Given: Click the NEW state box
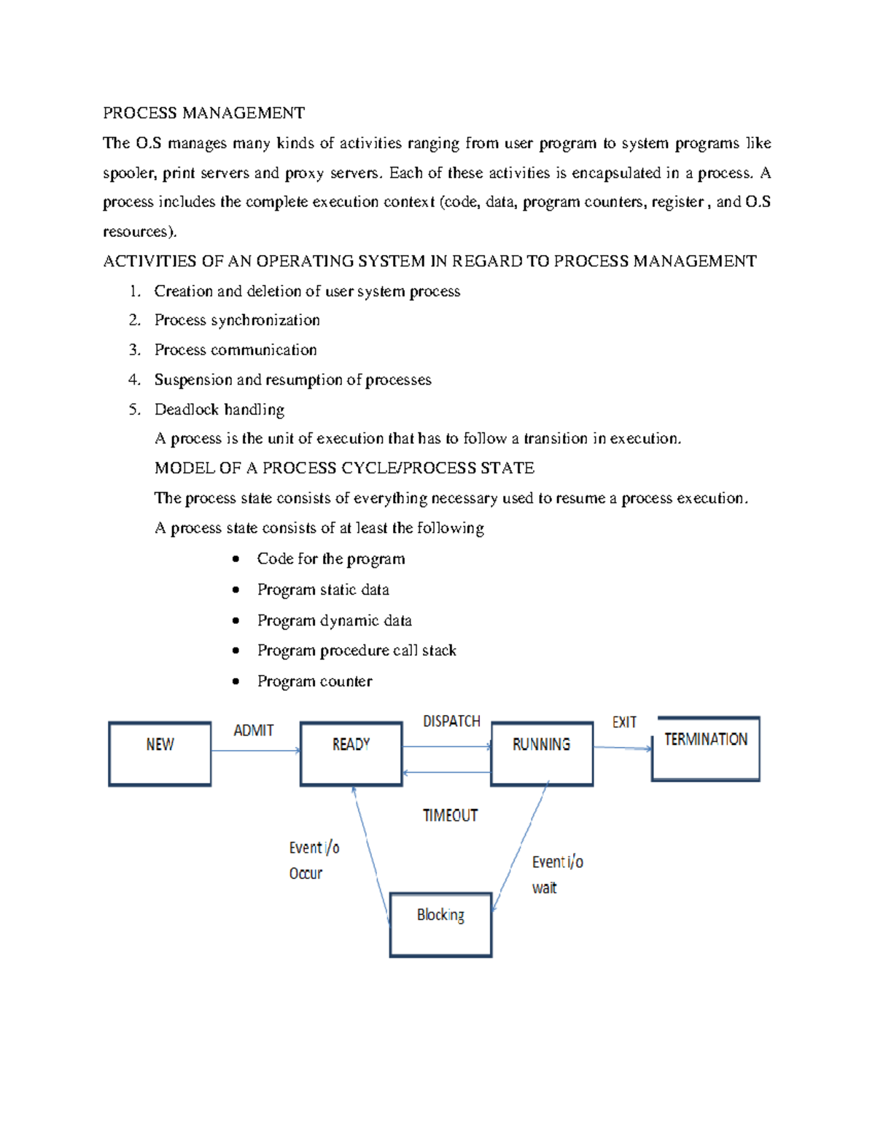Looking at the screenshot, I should (160, 754).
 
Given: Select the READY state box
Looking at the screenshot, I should (351, 754).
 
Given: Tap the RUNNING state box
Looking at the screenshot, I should (541, 754).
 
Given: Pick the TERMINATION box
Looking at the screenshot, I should (705, 749).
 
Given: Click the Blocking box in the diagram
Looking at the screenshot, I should (440, 924).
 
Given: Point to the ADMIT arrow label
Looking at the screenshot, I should (253, 730).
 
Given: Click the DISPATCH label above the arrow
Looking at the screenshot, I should (451, 721).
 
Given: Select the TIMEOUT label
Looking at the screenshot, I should (450, 816).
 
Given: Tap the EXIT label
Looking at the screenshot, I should (624, 722).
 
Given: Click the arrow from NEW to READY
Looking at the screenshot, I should (255, 750).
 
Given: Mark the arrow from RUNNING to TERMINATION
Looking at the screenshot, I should (622, 748).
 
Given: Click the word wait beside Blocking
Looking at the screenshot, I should (544, 888).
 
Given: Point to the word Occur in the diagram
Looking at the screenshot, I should (306, 873).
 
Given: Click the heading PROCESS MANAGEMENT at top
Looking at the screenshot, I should (203, 113).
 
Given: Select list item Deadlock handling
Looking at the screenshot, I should (219, 410).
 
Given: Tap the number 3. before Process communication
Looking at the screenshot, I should (134, 350).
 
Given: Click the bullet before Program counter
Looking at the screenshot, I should (236, 682).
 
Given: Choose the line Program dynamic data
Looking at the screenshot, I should (334, 620).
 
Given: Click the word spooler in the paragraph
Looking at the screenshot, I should (128, 173).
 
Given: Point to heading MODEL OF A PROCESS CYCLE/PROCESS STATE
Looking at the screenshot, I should (344, 468).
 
